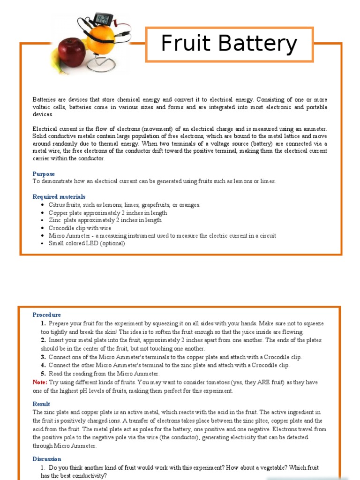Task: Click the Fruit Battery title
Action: [229, 44]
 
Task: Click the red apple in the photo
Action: [72, 52]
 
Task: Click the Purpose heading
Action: [44, 174]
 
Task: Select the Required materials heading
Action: [59, 197]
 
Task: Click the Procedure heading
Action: [47, 315]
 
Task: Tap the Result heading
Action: [41, 404]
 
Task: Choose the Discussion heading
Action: [47, 459]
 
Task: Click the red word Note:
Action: [40, 382]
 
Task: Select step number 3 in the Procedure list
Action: [43, 357]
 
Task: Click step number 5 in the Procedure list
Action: [43, 374]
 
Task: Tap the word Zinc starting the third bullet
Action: [55, 220]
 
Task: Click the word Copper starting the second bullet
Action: [58, 213]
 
